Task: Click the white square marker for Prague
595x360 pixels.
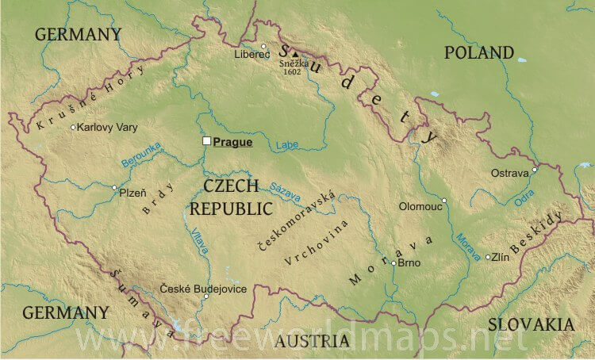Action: tap(206, 141)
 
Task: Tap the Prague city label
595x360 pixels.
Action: tap(232, 142)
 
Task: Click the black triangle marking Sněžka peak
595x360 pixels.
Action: tap(284, 53)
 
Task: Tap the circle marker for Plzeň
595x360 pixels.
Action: tap(114, 188)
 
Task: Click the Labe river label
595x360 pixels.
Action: tap(287, 145)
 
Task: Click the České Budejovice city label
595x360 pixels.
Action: tap(202, 289)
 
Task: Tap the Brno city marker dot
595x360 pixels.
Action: tap(393, 263)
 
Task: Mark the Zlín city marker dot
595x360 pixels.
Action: tap(487, 256)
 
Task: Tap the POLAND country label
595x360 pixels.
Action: tap(478, 53)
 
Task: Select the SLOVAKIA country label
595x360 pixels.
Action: tap(530, 324)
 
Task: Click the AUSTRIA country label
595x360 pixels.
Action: tap(312, 341)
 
